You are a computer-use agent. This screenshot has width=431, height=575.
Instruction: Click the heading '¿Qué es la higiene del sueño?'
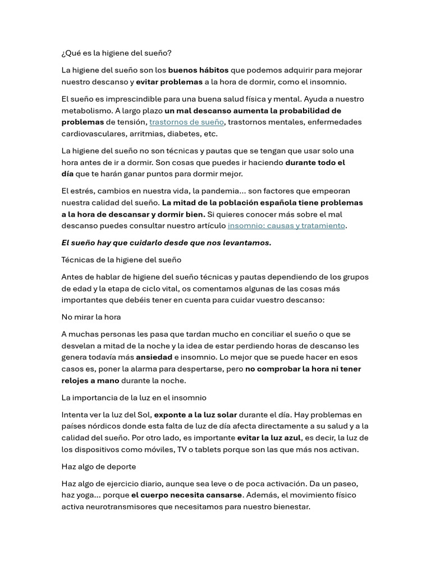pyautogui.click(x=116, y=53)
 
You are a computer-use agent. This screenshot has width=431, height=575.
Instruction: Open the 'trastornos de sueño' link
pyautogui.click(x=186, y=122)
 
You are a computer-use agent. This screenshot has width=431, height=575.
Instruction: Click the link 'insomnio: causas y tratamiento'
pyautogui.click(x=286, y=226)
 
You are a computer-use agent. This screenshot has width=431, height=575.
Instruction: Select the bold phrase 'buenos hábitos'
pyautogui.click(x=198, y=70)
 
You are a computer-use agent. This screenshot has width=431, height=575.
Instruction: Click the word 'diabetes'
pyautogui.click(x=186, y=134)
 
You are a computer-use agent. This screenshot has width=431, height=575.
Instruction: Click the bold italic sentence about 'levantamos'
pyautogui.click(x=166, y=243)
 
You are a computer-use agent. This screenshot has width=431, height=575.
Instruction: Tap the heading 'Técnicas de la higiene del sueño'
pyautogui.click(x=121, y=260)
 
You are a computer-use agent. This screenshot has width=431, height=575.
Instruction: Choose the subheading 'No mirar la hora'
pyautogui.click(x=91, y=317)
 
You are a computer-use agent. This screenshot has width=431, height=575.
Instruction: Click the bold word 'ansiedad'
pyautogui.click(x=154, y=357)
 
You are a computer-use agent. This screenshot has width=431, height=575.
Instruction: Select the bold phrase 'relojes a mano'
pyautogui.click(x=90, y=380)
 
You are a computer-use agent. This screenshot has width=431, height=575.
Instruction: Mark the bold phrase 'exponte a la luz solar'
pyautogui.click(x=195, y=415)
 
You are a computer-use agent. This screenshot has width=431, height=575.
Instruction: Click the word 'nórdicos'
pyautogui.click(x=103, y=426)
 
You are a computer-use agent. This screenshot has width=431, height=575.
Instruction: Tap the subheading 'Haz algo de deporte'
pyautogui.click(x=98, y=467)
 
